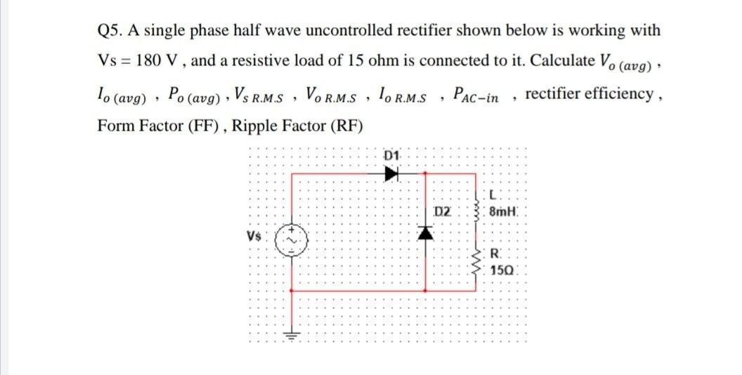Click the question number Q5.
tap(109, 31)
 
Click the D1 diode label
tap(392, 154)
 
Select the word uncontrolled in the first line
tap(404, 31)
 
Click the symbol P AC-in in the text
tap(476, 94)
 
